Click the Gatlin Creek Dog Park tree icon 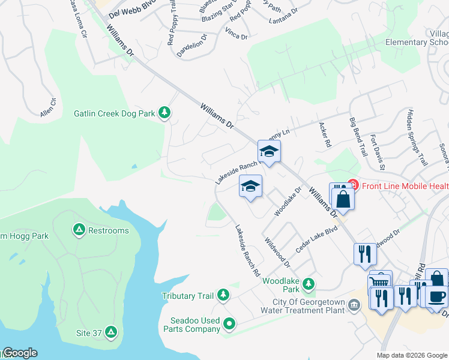point(164,113)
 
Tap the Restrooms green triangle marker point(79,230)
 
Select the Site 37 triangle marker point(110,331)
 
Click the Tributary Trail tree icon point(223,294)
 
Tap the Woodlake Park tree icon point(309,283)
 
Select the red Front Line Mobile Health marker point(352,185)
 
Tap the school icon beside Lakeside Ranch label point(270,152)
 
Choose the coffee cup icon point(436,296)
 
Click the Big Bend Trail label point(358,137)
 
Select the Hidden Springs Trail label point(417,137)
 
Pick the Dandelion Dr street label point(191,45)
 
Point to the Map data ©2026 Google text point(411,355)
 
